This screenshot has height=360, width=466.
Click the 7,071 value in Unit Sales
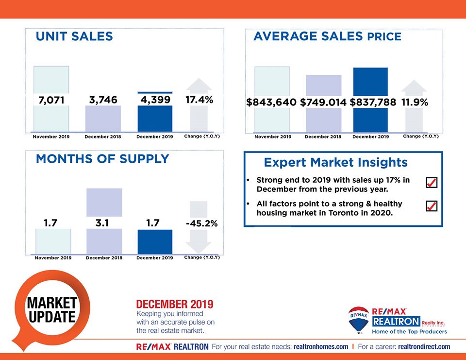pos(51,100)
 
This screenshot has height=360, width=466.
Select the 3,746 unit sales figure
pos(103,100)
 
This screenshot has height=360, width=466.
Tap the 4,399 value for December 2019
pos(155,100)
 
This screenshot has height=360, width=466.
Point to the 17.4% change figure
pos(199,100)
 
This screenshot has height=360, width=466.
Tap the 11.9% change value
pos(415,103)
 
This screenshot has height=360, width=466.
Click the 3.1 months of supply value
pos(103,223)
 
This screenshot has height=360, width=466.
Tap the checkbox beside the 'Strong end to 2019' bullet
pos(431,182)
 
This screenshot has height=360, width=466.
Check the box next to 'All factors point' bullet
pos(431,206)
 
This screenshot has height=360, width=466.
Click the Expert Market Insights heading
pos(335,162)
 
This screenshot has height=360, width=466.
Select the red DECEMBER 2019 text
pos(175,305)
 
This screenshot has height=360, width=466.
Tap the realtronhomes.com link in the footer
pos(321,347)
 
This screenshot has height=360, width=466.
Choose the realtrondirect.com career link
pos(424,347)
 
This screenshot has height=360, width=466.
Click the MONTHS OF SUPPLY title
pos(102,159)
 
